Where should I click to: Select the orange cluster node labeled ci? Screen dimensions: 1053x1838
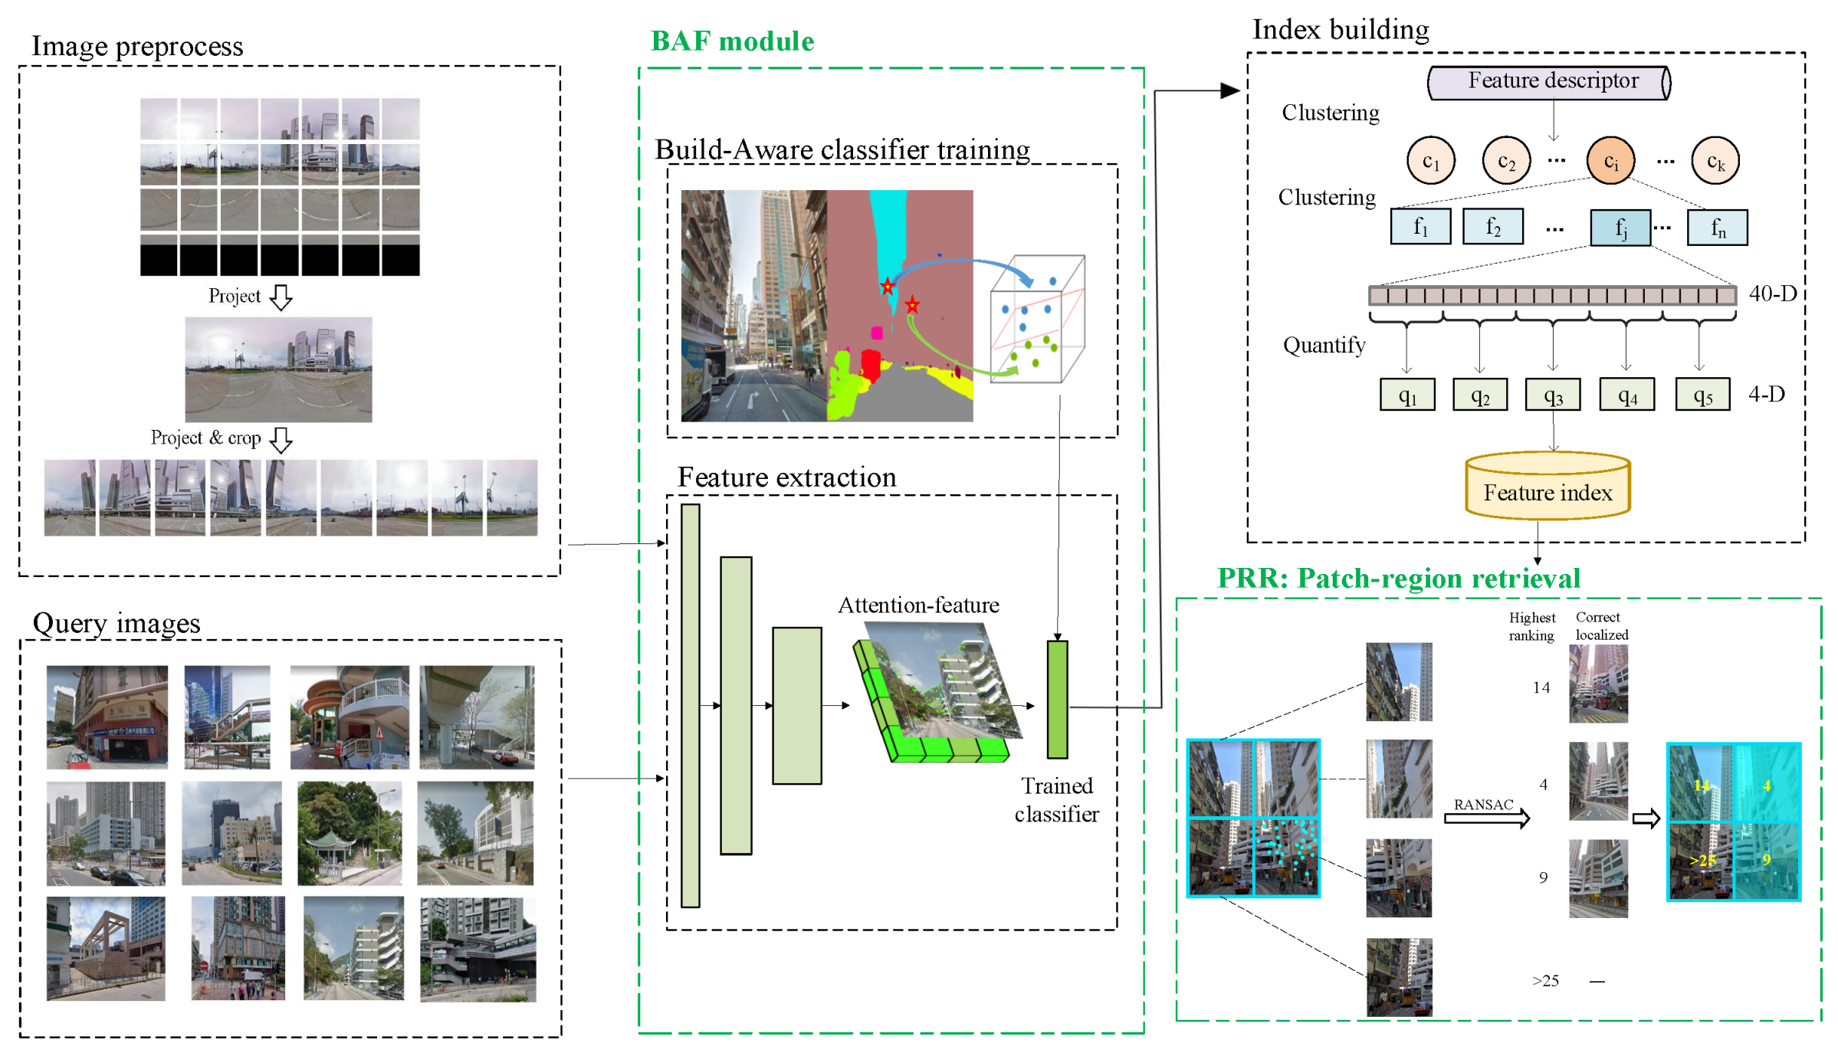pos(1610,161)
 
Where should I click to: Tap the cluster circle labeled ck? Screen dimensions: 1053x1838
pos(1715,161)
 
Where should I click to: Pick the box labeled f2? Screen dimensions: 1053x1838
pos(1492,227)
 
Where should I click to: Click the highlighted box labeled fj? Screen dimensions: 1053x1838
pos(1620,228)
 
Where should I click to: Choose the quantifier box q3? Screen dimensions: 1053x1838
pos(1552,395)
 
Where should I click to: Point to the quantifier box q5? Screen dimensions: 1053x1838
pos(1702,395)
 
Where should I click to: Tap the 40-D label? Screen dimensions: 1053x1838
pos(1772,294)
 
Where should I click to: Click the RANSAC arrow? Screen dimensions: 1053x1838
pos(1486,818)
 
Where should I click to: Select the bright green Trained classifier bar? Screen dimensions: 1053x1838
pos(1057,699)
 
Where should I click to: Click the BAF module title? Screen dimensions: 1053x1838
pos(732,41)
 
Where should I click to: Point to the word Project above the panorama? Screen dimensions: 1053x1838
pos(235,296)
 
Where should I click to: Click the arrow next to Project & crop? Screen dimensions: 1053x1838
pos(282,439)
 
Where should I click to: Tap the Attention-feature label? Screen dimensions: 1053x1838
pos(918,605)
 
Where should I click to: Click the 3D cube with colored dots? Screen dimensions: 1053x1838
pos(1037,320)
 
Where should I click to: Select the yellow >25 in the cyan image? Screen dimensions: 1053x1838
pos(1702,861)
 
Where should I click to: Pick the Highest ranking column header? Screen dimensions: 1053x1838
pos(1531,626)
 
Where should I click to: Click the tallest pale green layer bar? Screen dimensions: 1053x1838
pos(690,705)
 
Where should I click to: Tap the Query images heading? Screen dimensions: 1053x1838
pos(117,623)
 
